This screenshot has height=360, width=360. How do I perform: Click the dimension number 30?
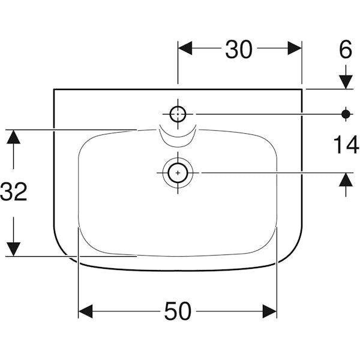(239, 49)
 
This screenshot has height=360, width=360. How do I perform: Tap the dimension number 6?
(346, 49)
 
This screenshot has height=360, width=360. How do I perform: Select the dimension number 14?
(346, 145)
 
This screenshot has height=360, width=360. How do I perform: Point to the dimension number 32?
(14, 192)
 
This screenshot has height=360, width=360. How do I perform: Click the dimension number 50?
(178, 311)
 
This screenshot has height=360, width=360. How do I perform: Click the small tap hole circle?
(178, 114)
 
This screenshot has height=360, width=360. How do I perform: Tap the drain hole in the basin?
(178, 173)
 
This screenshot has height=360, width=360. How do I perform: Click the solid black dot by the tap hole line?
(346, 114)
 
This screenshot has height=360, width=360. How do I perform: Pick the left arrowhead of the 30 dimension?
(185, 48)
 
